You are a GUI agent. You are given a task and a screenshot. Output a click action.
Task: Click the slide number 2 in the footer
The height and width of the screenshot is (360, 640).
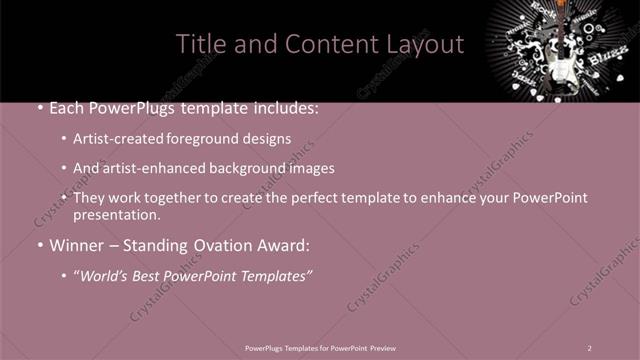pos(590,347)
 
